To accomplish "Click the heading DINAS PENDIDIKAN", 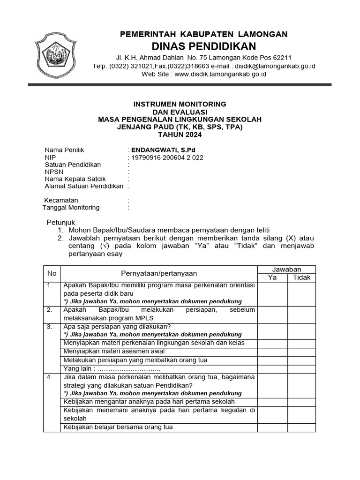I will (204, 46).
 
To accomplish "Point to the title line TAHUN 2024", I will (180, 135).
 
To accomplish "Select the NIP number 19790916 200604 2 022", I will (167, 157).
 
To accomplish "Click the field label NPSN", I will (54, 172).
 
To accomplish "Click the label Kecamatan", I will (61, 200).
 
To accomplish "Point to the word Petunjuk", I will (61, 222).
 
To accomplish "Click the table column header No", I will (52, 273).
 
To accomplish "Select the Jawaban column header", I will (286, 269).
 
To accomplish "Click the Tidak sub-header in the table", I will (301, 277).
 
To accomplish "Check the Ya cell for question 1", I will (272, 293).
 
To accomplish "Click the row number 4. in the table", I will (50, 377).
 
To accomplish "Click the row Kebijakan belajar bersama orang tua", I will (118, 427).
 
